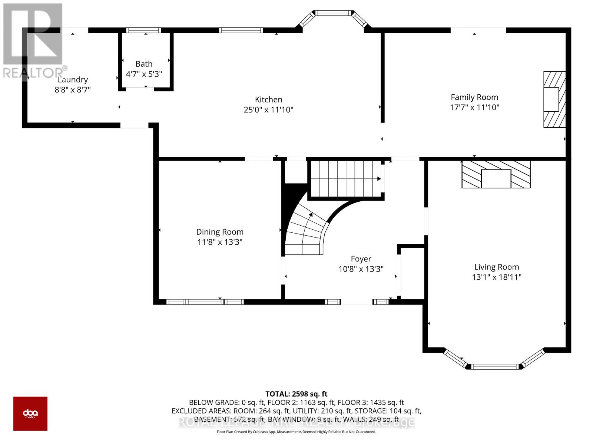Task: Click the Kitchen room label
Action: [268, 100]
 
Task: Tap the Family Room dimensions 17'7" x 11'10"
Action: [474, 108]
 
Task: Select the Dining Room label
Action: [220, 232]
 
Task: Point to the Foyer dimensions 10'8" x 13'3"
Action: [361, 269]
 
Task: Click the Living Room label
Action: [496, 267]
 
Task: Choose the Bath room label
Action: [144, 64]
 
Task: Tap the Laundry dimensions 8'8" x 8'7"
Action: [73, 90]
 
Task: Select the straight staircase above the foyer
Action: [345, 179]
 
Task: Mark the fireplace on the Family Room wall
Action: [554, 99]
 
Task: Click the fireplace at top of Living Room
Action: [496, 174]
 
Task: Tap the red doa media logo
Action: [30, 413]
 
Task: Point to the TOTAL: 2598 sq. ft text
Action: [296, 394]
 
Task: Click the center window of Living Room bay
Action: [494, 367]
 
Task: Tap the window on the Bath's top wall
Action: [143, 30]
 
